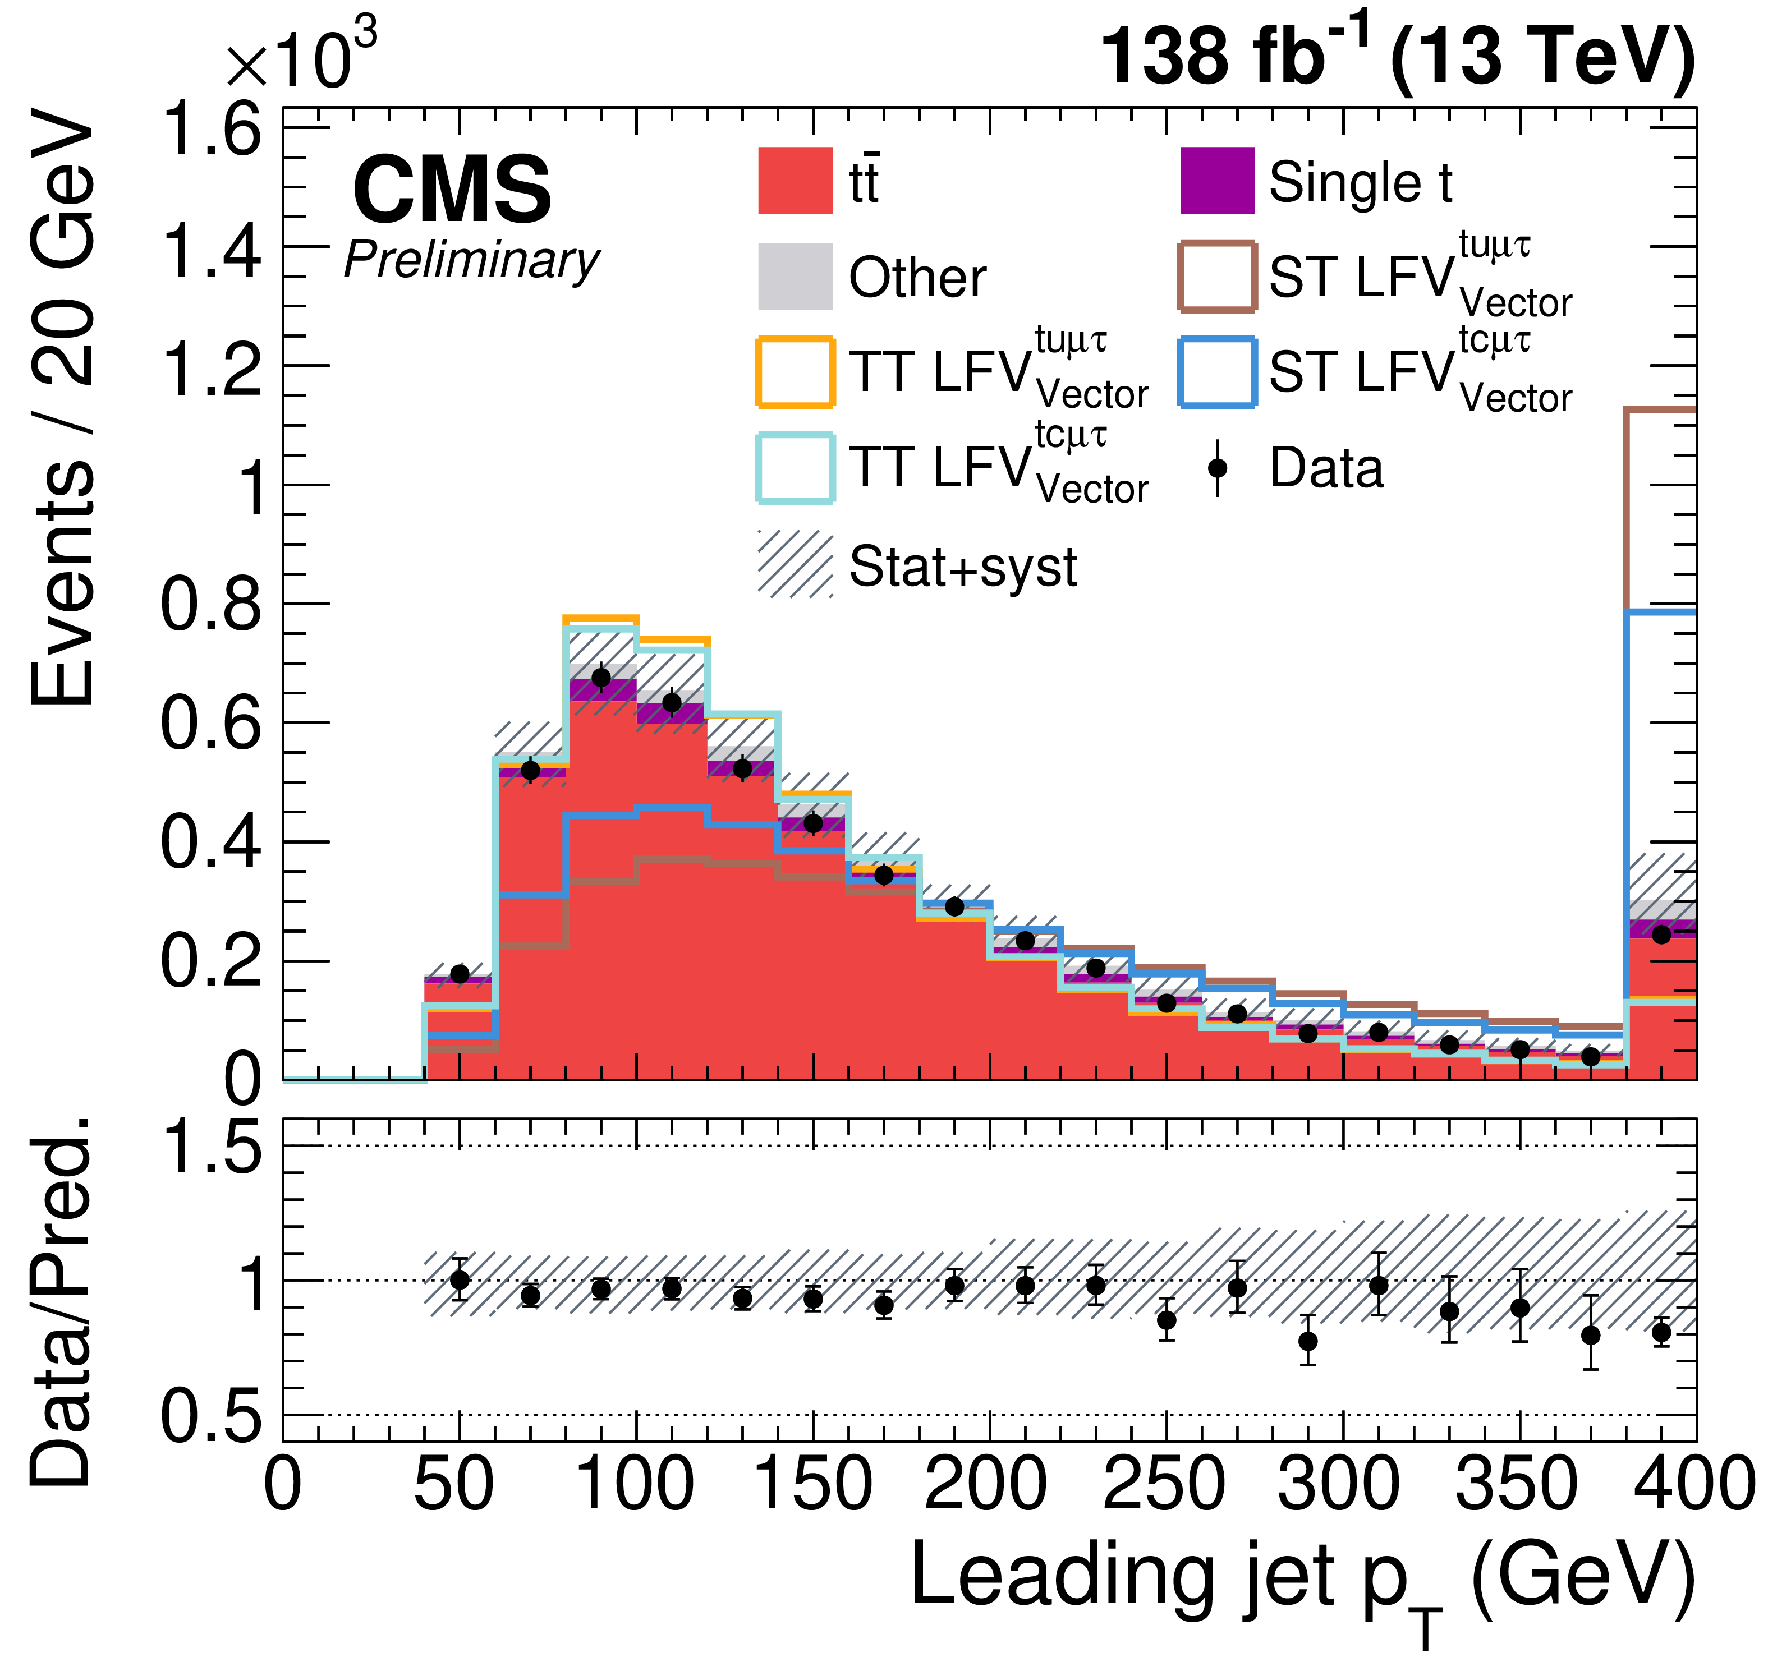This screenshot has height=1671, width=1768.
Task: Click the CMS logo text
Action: coord(452,190)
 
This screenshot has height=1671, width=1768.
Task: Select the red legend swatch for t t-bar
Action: coord(795,181)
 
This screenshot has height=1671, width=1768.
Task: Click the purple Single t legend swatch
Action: coord(1217,181)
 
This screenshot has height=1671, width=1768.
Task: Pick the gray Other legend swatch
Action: coord(795,276)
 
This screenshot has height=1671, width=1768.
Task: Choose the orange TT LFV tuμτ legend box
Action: coord(795,371)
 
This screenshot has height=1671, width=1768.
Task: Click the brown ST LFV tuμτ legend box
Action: coord(1217,276)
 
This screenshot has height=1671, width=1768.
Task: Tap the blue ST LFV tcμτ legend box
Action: coord(1217,371)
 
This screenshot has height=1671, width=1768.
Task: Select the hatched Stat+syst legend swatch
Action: coord(795,564)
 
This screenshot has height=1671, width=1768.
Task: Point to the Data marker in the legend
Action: coord(1217,468)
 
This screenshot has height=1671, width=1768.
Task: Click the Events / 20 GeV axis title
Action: coord(62,409)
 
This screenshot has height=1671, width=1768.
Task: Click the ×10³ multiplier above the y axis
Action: coord(301,58)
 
